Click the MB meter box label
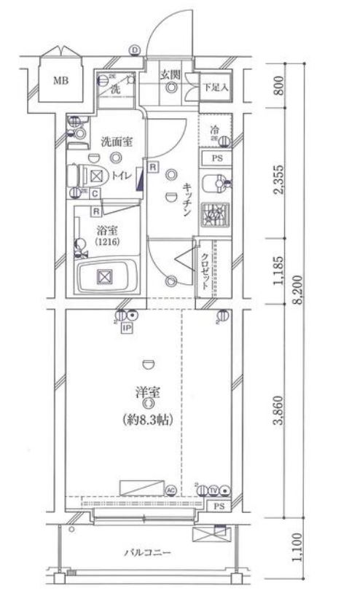point(60,80)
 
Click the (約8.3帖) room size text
point(146,420)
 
